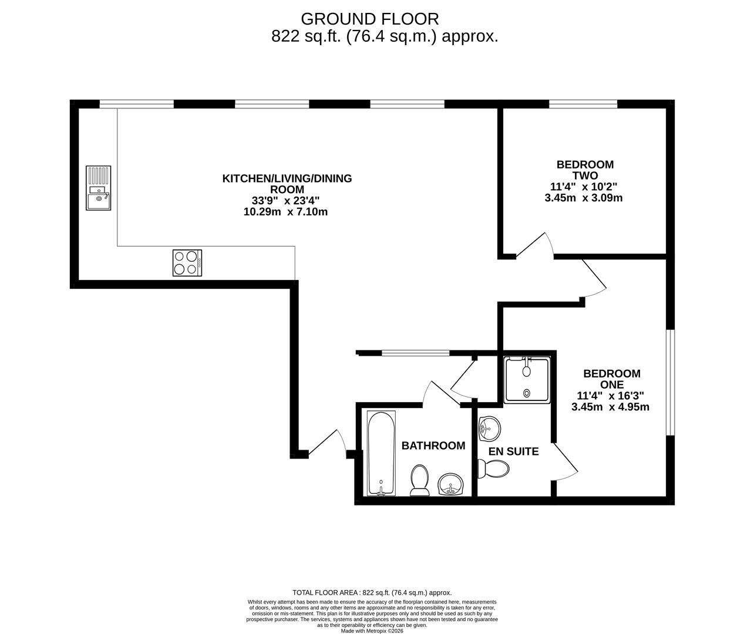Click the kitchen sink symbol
point(98,188)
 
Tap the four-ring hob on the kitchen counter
point(187,263)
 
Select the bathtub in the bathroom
point(381,453)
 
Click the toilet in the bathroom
point(419,480)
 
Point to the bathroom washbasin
point(451,484)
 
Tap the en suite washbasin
point(489,429)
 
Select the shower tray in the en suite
point(527,380)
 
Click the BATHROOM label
point(433,446)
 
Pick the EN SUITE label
point(514,451)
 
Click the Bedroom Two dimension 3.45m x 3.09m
point(583,198)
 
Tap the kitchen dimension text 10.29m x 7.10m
point(285,212)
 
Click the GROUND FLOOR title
point(369,19)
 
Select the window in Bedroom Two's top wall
point(583,104)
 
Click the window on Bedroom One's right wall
point(670,382)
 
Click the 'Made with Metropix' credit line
point(372,631)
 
